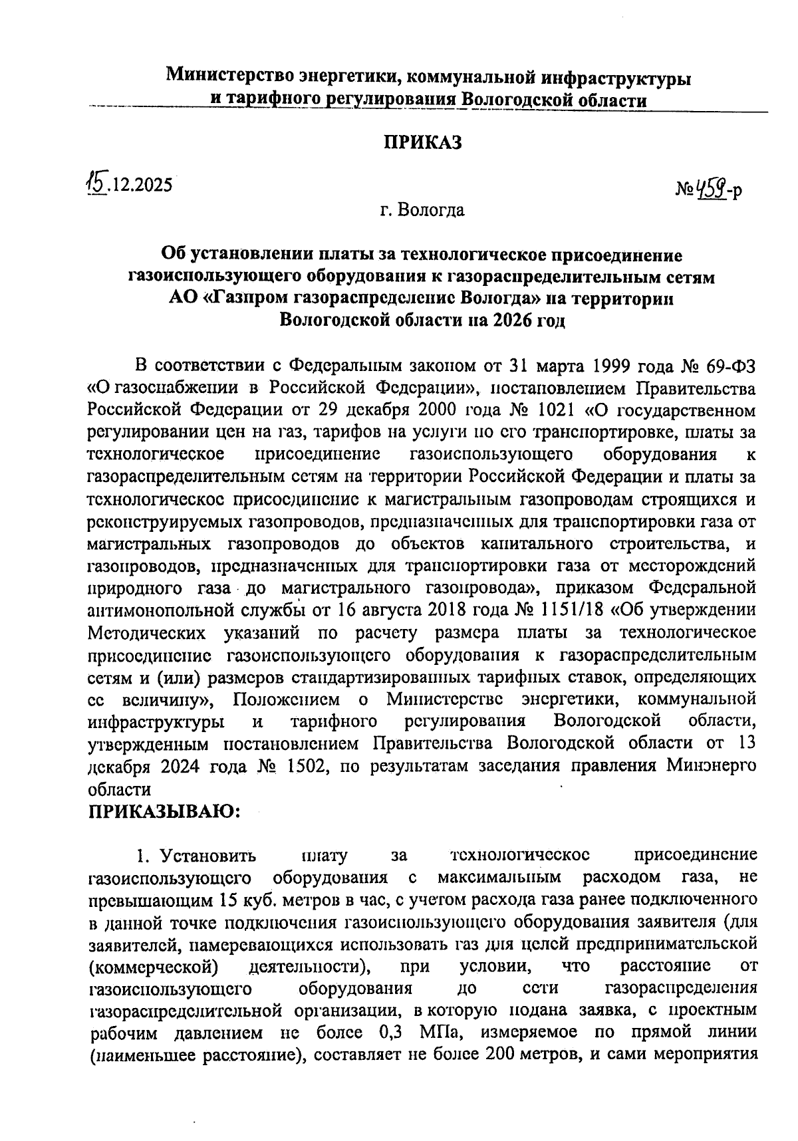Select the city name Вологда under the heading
pyautogui.click(x=431, y=211)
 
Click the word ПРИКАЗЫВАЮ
pyautogui.click(x=164, y=811)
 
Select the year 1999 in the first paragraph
pyautogui.click(x=606, y=366)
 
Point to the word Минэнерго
pyautogui.click(x=711, y=766)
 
